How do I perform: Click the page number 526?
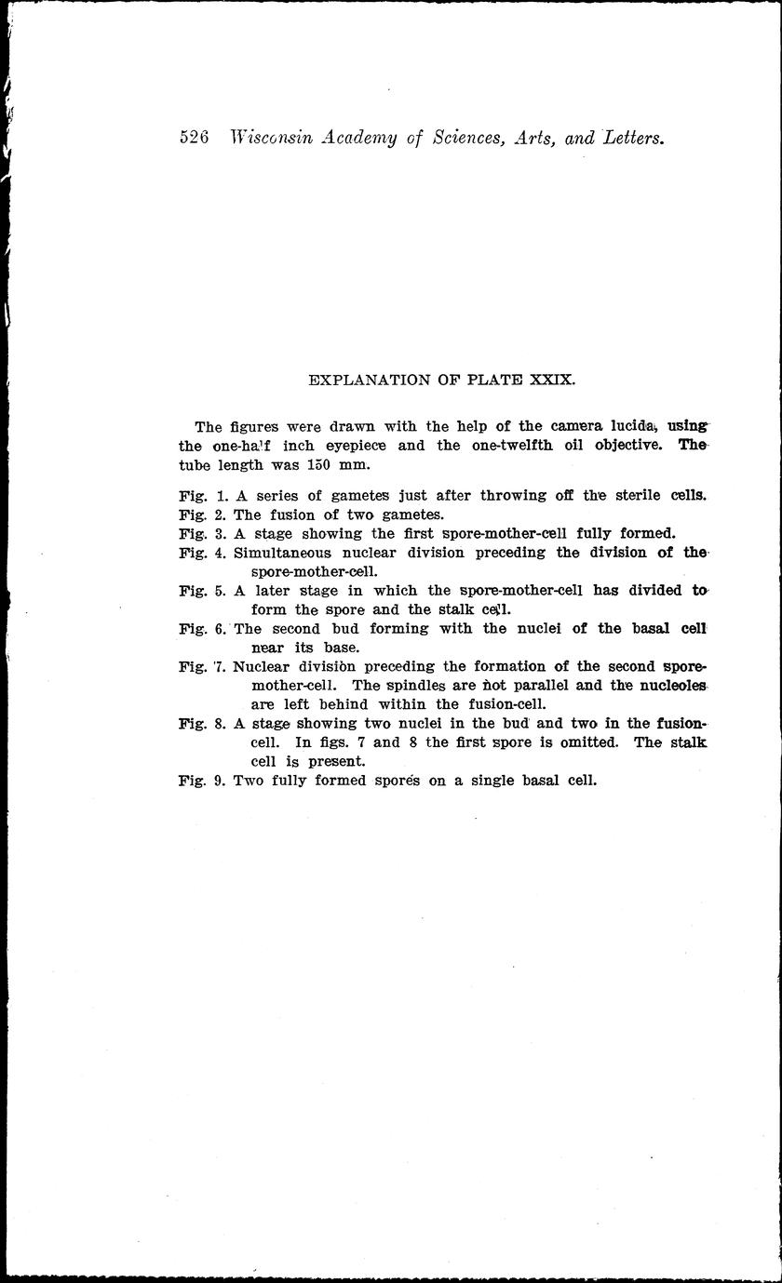(x=194, y=138)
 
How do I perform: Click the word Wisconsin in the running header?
(x=269, y=138)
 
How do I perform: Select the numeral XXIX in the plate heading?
(x=553, y=380)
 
